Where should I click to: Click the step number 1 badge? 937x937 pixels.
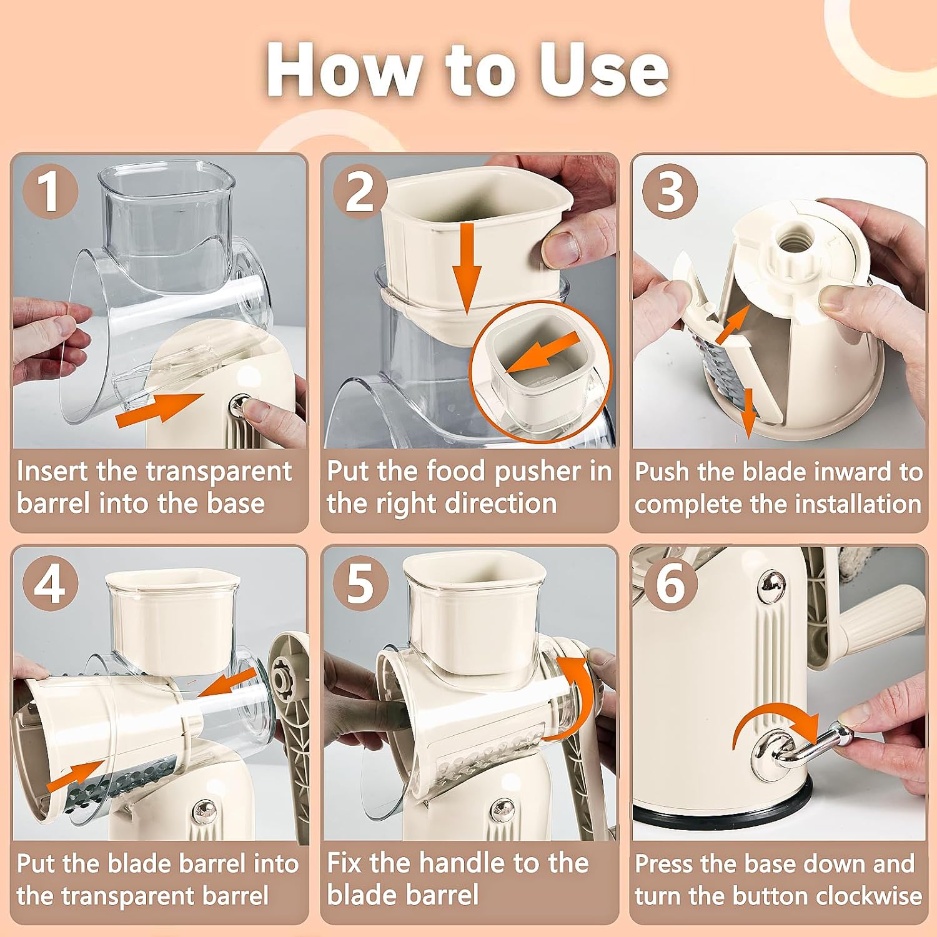(x=51, y=192)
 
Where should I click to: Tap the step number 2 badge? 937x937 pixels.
(x=360, y=192)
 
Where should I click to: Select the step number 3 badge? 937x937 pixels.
(x=670, y=192)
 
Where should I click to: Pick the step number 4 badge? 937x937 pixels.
(x=51, y=585)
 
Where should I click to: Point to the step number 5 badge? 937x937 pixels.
(x=360, y=585)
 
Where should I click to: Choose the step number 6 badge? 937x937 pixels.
(x=670, y=585)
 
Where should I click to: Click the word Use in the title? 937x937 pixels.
(x=604, y=70)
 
